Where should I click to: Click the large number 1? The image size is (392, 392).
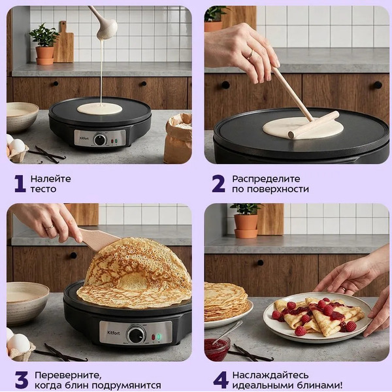[20, 184]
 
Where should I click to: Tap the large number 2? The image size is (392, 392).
[218, 184]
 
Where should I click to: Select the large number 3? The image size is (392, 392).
[22, 380]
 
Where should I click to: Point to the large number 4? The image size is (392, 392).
[221, 380]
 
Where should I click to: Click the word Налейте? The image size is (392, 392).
[50, 179]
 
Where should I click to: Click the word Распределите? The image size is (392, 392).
[266, 179]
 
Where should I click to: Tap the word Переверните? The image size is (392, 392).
[68, 376]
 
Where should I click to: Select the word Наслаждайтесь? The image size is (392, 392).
[270, 376]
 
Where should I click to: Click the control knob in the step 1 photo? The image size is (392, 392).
[100, 139]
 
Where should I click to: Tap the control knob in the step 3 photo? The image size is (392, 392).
[136, 335]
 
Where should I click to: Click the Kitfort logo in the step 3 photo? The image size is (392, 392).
[114, 333]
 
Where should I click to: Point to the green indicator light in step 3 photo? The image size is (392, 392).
[159, 337]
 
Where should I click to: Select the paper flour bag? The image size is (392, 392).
[178, 138]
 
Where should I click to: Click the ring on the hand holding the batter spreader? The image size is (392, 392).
[250, 54]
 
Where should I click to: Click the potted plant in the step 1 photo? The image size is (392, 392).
[44, 44]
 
